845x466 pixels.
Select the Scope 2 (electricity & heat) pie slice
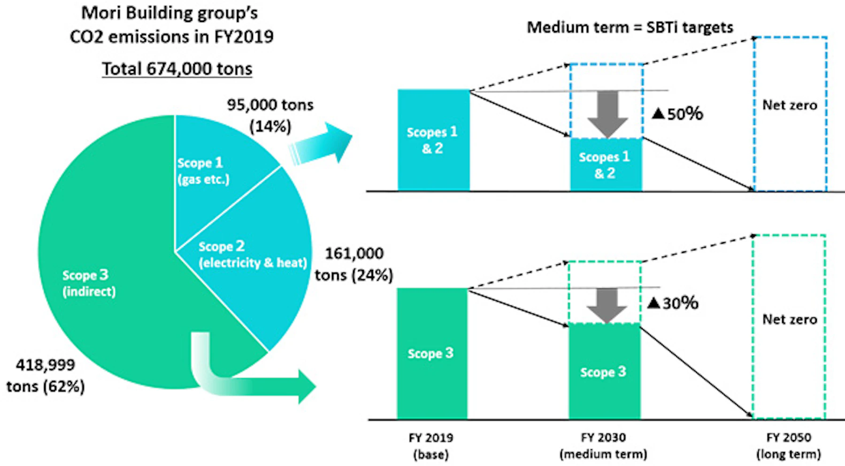click(253, 263)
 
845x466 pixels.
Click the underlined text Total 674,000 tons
click(177, 69)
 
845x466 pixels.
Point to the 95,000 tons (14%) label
click(270, 115)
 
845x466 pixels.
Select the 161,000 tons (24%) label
click(354, 264)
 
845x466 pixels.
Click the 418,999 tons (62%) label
click(46, 375)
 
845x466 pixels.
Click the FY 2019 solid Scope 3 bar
click(431, 353)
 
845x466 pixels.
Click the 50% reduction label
click(677, 114)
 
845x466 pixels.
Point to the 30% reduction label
click(673, 303)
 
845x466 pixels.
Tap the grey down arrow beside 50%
click(607, 113)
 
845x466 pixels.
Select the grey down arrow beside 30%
click(607, 305)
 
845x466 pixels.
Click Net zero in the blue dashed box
click(790, 105)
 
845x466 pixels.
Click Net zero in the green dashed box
click(790, 320)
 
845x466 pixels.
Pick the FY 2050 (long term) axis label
click(789, 446)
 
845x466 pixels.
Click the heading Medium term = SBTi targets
click(630, 27)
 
